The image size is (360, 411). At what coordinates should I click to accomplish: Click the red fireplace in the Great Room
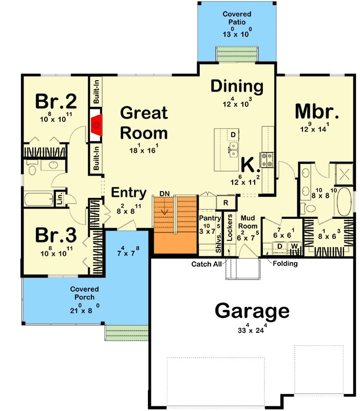(x=96, y=124)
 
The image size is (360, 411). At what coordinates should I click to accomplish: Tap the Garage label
(x=252, y=311)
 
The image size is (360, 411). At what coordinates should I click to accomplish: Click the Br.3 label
(x=55, y=235)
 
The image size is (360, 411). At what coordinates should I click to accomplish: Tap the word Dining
(x=237, y=86)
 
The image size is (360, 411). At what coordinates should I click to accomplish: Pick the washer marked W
(x=295, y=246)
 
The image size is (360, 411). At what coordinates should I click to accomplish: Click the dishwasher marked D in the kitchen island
(x=233, y=135)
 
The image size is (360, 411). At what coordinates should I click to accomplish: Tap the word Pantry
(x=210, y=218)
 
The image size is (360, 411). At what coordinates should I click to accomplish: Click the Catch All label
(x=206, y=264)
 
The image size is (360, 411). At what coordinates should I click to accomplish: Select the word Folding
(x=285, y=264)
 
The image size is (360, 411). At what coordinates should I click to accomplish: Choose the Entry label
(x=129, y=193)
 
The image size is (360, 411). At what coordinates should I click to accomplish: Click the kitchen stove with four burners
(x=267, y=160)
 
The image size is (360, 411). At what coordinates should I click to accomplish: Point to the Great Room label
(x=143, y=123)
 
